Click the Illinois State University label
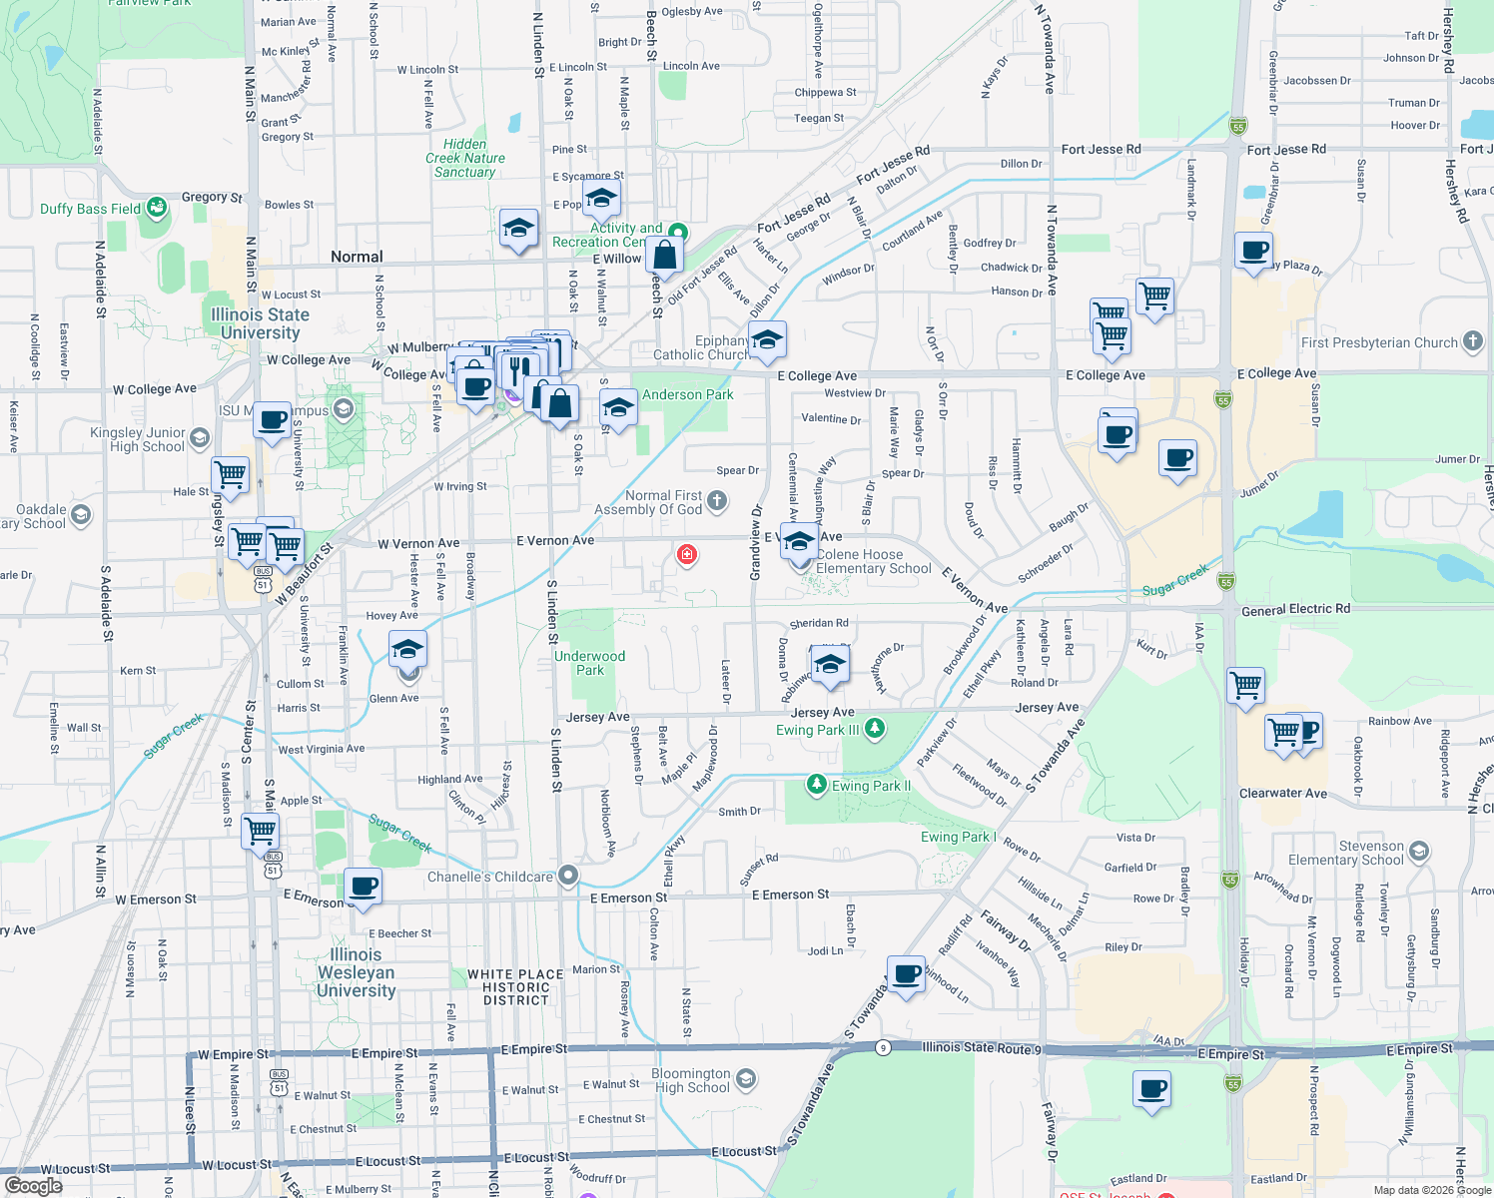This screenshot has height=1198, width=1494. [260, 323]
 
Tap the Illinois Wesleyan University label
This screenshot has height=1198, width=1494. [356, 972]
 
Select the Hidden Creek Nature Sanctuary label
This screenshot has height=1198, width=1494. [464, 158]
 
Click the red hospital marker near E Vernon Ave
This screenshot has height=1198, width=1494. [686, 554]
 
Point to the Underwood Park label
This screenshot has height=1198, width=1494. [589, 663]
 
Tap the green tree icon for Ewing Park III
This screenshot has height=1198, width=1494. [875, 729]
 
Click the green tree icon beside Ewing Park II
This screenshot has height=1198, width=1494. [817, 785]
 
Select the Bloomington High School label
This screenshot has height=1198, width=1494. [692, 1080]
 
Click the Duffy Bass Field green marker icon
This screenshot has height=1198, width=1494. [157, 208]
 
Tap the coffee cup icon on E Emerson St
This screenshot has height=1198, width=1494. [364, 887]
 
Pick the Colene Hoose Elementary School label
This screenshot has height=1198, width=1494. [873, 561]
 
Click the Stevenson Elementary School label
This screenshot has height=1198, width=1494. [1345, 853]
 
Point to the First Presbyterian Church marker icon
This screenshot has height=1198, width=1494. [1473, 341]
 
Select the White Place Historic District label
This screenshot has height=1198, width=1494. [515, 987]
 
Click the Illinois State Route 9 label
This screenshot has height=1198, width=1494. [982, 1047]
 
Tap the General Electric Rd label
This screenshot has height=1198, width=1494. [1295, 609]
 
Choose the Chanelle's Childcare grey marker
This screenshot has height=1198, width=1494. [568, 877]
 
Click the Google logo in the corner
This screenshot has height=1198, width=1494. [34, 1186]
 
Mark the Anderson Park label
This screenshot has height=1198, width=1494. [687, 394]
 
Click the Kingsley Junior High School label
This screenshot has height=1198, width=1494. [138, 439]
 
